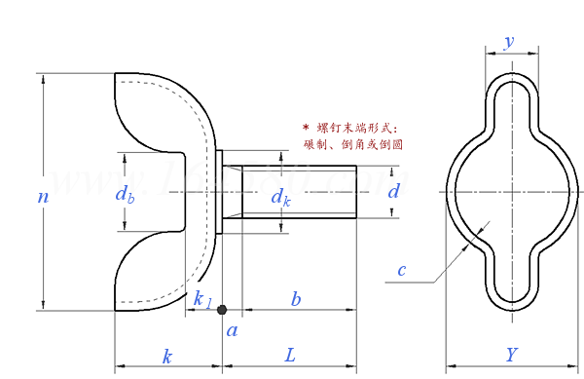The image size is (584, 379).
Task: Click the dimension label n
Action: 43,197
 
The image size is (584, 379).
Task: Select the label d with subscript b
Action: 125,194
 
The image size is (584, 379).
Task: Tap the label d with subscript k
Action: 280,198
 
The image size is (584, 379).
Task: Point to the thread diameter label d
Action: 393,192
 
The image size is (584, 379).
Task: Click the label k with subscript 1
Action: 201,298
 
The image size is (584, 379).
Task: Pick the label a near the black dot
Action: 232,331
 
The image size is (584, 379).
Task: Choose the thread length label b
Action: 296,298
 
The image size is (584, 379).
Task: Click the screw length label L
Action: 290,356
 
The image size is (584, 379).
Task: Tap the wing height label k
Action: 167,356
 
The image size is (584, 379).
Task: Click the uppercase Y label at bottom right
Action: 512,354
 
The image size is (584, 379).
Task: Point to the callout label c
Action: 401,270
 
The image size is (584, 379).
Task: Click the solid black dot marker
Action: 222,310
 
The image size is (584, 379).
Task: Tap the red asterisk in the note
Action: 307,128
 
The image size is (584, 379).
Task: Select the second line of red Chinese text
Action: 353,144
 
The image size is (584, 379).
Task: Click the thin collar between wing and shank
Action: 221,192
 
